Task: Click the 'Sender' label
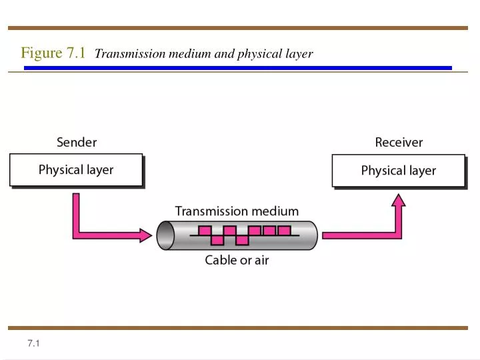[x=77, y=142]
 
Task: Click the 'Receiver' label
[x=399, y=142]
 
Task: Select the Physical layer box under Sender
[x=76, y=170]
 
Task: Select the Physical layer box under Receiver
[x=398, y=171]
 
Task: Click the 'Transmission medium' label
[x=237, y=211]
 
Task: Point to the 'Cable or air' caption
[x=237, y=260]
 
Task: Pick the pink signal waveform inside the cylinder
[x=241, y=235]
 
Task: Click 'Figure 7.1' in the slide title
[x=53, y=53]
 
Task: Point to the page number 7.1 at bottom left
[x=35, y=343]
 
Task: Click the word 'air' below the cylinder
[x=260, y=260]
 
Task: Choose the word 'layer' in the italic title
[x=297, y=54]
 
